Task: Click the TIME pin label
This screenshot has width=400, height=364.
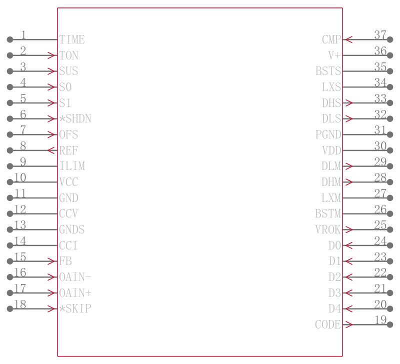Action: pyautogui.click(x=72, y=39)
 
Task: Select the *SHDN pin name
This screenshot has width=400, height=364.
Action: pyautogui.click(x=75, y=118)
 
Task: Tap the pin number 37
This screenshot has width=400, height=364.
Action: pyautogui.click(x=380, y=35)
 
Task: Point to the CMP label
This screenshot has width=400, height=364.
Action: pyautogui.click(x=331, y=39)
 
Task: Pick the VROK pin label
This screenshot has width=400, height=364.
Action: pyautogui.click(x=328, y=229)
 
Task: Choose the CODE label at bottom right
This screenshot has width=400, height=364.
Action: pyautogui.click(x=328, y=324)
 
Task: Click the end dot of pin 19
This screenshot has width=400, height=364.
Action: pyautogui.click(x=390, y=324)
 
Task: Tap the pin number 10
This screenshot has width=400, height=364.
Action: pyautogui.click(x=20, y=177)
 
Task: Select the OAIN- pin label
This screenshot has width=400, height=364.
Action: pyautogui.click(x=75, y=277)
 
